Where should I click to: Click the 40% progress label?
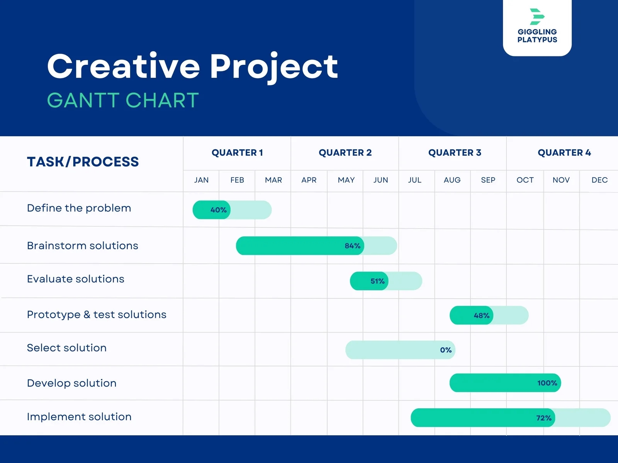pyautogui.click(x=218, y=210)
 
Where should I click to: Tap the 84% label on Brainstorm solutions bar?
pyautogui.click(x=352, y=246)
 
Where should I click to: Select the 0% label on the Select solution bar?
pyautogui.click(x=446, y=350)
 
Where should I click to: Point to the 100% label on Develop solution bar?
pyautogui.click(x=547, y=383)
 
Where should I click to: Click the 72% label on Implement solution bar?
pyautogui.click(x=543, y=418)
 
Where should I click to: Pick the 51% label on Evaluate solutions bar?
pyautogui.click(x=377, y=281)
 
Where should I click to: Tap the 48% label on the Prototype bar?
pyautogui.click(x=481, y=316)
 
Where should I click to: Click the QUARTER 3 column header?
pyautogui.click(x=455, y=153)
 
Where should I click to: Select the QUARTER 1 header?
pyautogui.click(x=237, y=153)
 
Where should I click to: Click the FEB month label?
pyautogui.click(x=237, y=180)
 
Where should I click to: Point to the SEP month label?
pyautogui.click(x=488, y=180)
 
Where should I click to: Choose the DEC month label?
pyautogui.click(x=599, y=180)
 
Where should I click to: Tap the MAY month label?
pyautogui.click(x=346, y=180)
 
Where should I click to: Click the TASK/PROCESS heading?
pyautogui.click(x=83, y=162)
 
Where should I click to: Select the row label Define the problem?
pyautogui.click(x=79, y=208)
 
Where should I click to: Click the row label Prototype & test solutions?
pyautogui.click(x=97, y=315)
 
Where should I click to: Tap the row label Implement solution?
pyautogui.click(x=79, y=417)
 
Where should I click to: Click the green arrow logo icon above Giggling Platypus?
pyautogui.click(x=537, y=17)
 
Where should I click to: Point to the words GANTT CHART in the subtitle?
pyautogui.click(x=123, y=100)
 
